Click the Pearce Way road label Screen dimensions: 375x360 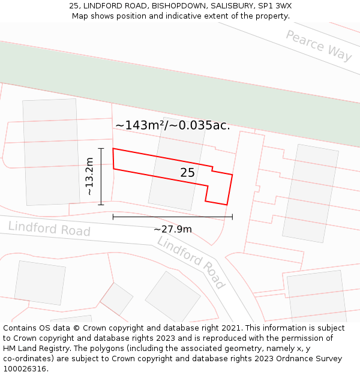[x=318, y=45]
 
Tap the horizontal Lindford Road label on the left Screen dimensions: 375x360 [x=49, y=229]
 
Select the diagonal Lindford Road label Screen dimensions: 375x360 [x=191, y=262]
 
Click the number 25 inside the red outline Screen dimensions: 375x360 [x=187, y=173]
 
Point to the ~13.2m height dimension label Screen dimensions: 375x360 [x=89, y=176]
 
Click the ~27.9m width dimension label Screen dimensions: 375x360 [x=173, y=229]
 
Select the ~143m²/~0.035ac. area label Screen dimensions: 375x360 [x=173, y=125]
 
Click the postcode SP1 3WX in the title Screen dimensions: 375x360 [x=275, y=6]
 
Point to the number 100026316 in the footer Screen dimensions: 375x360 [x=23, y=369]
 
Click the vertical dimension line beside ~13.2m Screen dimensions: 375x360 [x=101, y=176]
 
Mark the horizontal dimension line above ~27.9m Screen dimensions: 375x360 [x=173, y=217]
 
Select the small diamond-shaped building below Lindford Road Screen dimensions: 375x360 [x=116, y=298]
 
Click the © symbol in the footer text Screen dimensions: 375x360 [x=77, y=328]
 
